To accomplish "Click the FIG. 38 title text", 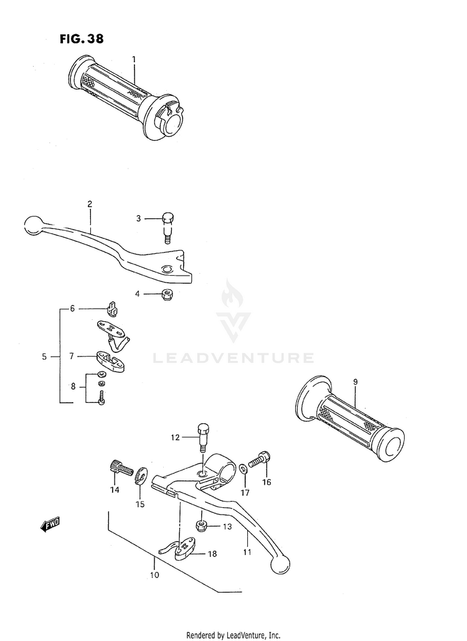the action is tap(82, 39).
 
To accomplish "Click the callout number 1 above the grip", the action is tap(133, 59).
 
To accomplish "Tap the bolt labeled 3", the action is tap(167, 227).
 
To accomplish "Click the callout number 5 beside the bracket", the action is tap(44, 357).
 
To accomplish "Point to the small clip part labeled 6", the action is tap(113, 307).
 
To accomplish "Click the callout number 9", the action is tap(355, 381).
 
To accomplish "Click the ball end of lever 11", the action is tap(280, 564).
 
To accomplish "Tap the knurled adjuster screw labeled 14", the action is tap(120, 469).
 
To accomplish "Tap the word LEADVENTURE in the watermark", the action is tap(233, 358).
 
